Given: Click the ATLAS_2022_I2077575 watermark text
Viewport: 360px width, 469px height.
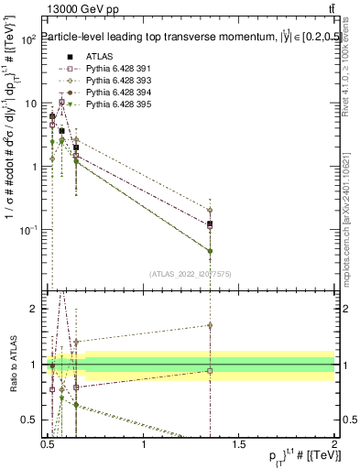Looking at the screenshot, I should pos(191,274).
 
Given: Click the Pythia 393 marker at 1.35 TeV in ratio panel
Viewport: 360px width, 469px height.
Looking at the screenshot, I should pos(211,325).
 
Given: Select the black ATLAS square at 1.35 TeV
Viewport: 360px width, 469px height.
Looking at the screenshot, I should pos(211,224).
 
